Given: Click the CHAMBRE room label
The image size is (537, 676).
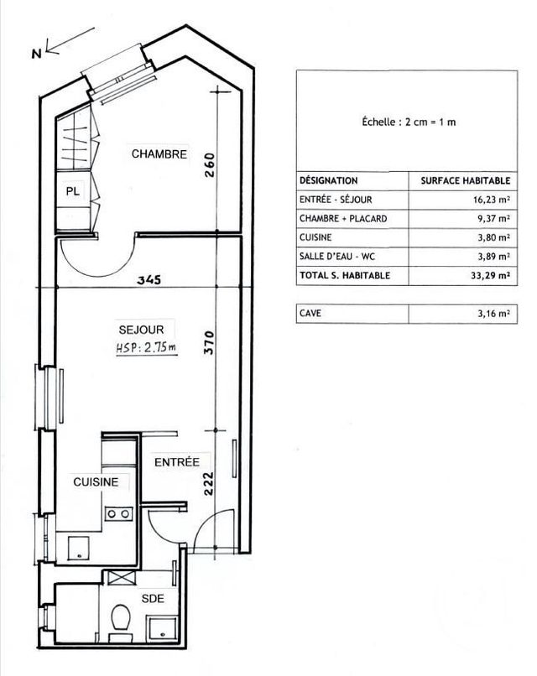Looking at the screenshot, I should pos(159,154).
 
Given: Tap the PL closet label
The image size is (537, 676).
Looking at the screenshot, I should pos(73,190).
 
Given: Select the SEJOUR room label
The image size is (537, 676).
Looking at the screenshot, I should pos(134,330).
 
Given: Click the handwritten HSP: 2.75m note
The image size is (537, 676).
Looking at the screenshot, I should pos(146,347).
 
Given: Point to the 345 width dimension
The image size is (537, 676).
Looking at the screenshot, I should pos(149,279).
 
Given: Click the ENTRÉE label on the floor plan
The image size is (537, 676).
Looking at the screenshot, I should pos(176,461).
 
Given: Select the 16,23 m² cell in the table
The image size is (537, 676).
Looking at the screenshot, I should pos(492,200).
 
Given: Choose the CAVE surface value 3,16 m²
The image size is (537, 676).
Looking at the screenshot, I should pos(493,313).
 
